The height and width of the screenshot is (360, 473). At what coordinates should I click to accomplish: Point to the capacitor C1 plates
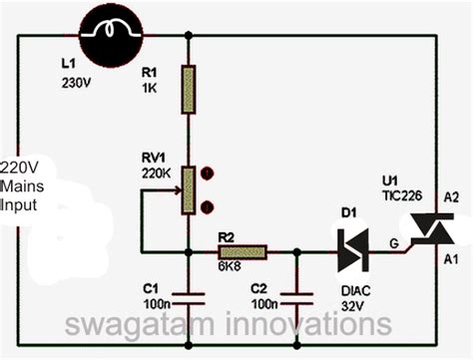[188, 296]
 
